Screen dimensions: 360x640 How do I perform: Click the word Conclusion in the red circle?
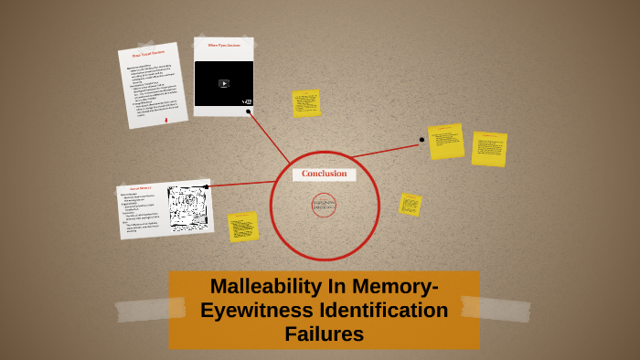tap(324, 174)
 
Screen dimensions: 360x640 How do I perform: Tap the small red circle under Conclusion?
tap(324, 205)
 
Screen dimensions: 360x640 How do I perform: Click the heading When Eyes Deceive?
tap(223, 45)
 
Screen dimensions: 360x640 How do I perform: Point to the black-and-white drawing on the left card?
tap(188, 207)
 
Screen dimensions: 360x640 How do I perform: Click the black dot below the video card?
tap(248, 111)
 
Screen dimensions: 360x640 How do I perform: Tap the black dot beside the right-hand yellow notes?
tap(421, 140)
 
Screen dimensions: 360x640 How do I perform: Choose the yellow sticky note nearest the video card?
tap(306, 103)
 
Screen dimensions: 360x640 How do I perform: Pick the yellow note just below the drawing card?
tap(243, 227)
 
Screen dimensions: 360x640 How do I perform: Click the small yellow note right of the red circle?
tap(411, 204)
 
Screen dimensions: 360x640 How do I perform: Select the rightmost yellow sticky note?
tap(489, 148)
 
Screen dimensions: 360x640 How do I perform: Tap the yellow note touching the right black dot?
tap(446, 141)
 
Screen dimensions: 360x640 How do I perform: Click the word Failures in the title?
tap(324, 334)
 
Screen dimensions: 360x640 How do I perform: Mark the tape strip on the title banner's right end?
tap(496, 308)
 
